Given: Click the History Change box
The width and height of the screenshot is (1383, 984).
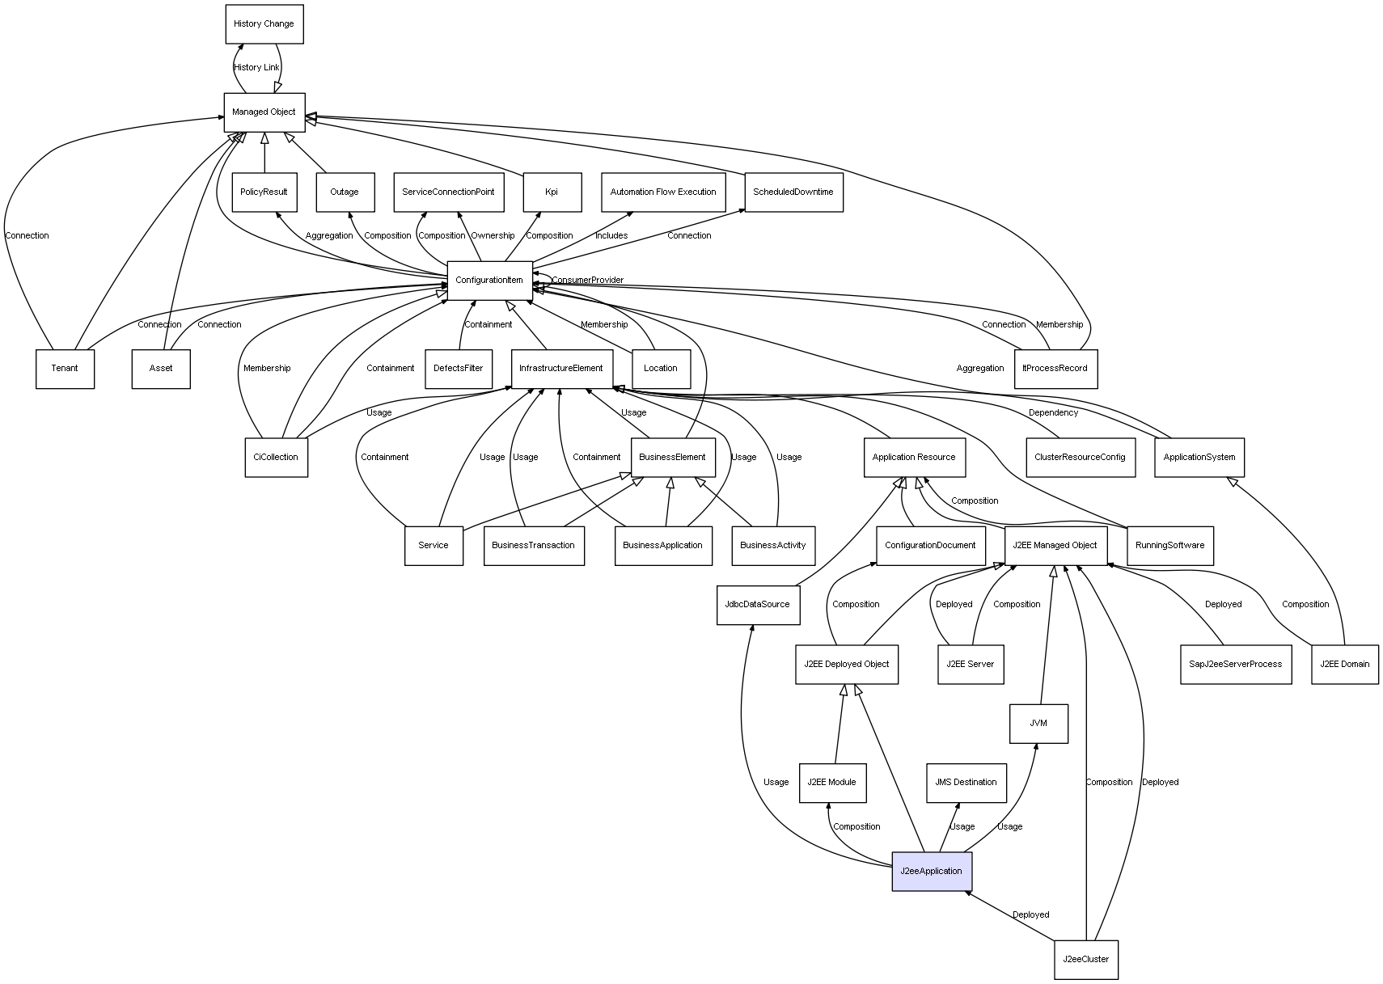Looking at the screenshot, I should pos(264,24).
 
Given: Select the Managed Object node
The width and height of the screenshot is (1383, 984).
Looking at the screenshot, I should pos(264,112).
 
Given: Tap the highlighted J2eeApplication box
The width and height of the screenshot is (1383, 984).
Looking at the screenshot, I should pos(931,872).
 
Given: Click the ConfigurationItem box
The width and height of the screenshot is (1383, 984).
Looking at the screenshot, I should pos(489,281).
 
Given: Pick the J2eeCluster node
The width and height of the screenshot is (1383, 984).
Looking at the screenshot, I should pos(1085,960).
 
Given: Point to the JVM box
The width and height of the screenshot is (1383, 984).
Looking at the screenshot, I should pos(1038,724).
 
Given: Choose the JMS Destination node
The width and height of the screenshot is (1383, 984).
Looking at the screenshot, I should pos(966,783).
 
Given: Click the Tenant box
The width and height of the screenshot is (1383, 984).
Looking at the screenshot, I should pos(65,369).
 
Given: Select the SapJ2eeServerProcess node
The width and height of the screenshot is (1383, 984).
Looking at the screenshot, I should pos(1235,665).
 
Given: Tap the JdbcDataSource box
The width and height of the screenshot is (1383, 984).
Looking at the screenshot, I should pos(758,605).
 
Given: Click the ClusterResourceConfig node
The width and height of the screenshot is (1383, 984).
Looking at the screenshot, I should pos(1080,458).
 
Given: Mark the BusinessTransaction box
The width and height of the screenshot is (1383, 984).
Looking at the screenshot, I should pos(534,546).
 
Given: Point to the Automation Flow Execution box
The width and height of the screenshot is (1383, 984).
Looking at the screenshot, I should pos(662,192).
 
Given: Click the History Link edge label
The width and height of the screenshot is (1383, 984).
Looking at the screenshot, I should pos(256,68).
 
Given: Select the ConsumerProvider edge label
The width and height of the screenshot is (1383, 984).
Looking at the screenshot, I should pos(588,281).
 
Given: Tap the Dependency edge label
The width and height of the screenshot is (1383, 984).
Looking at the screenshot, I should pos(1053,413).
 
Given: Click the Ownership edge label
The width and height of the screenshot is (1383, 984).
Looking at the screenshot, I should pos(493,236).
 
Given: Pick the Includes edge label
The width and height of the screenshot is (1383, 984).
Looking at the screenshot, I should pos(611,236).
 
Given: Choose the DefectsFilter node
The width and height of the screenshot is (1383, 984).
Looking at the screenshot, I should pos(458,369).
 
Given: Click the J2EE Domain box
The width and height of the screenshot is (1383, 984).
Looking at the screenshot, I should pos(1344,665).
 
